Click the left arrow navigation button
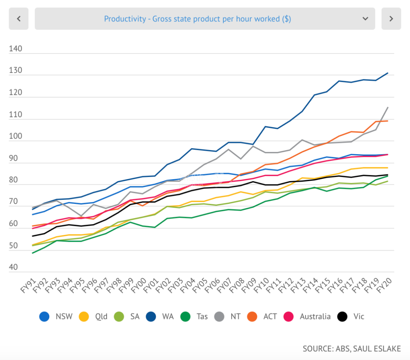[x=19, y=19]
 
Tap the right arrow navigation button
[x=391, y=19]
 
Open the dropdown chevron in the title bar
[x=365, y=19]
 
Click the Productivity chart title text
[x=197, y=19]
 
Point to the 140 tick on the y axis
[x=16, y=49]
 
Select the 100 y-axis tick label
[x=16, y=136]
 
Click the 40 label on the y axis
[x=14, y=267]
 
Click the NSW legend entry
[x=56, y=316]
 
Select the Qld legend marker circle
[x=84, y=316]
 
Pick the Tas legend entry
[x=196, y=316]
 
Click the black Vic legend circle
[x=343, y=316]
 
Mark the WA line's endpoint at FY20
[x=388, y=73]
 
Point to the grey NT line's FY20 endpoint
[x=388, y=107]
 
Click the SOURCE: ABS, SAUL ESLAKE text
[x=351, y=348]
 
